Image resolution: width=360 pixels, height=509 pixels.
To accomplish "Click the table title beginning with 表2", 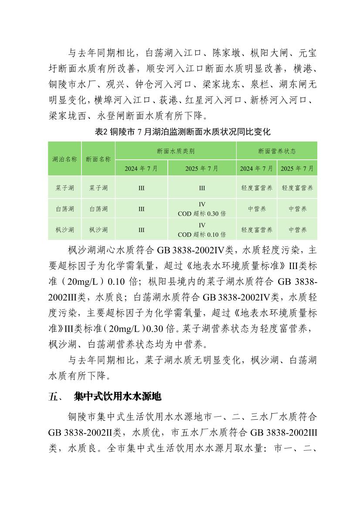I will pos(183,132).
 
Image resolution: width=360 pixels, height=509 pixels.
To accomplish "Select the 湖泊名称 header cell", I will pos(65,159).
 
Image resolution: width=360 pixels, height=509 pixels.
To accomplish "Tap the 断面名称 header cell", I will pos(98,159).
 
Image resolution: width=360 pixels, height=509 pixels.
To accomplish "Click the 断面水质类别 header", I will pos(176,151).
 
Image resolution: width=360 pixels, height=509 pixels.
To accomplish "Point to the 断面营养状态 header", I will pos(277,151).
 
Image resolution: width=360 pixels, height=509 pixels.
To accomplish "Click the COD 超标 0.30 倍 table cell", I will pos(202,209).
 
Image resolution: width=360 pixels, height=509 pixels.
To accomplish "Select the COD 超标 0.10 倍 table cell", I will pos(202,230).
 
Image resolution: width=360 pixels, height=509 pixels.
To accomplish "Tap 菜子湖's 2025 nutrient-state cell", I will pos(297,188).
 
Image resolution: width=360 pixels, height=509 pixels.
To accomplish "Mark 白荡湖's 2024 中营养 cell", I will pos(257,209).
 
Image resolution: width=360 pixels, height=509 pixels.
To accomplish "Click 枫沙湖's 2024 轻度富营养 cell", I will pos(257,230).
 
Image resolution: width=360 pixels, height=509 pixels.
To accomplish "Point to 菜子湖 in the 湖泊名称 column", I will pos(65,188).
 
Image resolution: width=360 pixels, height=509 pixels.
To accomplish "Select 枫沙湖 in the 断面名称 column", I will pos(98,230).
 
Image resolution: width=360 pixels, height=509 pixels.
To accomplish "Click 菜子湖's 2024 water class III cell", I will pos(141,188).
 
